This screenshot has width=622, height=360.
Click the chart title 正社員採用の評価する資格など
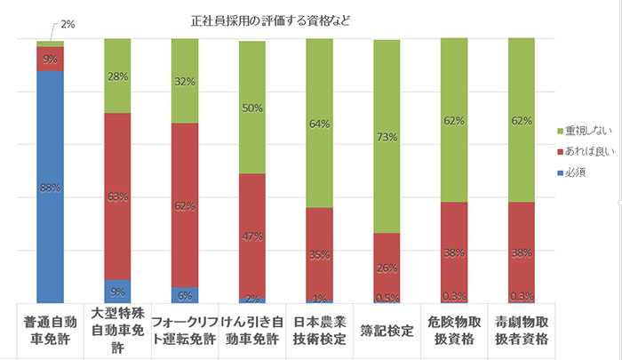[269, 20]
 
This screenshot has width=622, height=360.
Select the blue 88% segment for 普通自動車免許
[50, 187]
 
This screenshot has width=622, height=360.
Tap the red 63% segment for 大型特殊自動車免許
[117, 196]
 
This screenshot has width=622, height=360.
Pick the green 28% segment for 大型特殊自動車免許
[117, 76]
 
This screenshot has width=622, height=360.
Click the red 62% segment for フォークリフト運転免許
[184, 205]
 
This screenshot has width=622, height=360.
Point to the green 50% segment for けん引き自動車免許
[251, 108]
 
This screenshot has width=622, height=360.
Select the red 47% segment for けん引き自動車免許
[251, 236]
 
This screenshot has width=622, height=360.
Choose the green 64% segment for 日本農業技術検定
[319, 124]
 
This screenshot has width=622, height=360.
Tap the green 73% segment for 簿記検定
[387, 137]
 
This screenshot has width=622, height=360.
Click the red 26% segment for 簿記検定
[387, 267]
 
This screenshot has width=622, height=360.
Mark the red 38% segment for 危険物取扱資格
[454, 252]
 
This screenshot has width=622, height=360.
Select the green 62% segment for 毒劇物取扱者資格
[521, 120]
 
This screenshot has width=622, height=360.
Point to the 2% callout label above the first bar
[68, 24]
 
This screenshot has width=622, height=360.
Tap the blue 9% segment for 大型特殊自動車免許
[117, 292]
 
